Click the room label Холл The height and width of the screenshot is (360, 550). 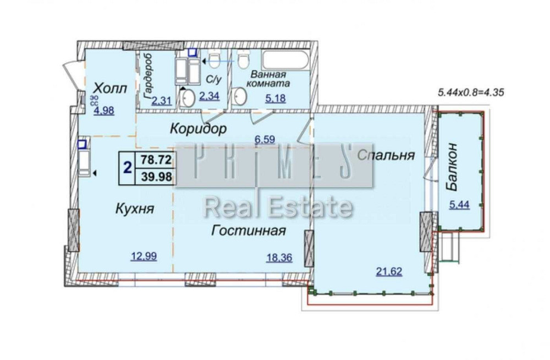click(110, 88)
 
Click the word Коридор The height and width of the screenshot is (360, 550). click(198, 129)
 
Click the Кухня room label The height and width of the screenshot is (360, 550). click(134, 209)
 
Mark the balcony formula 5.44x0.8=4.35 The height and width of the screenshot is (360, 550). click(471, 93)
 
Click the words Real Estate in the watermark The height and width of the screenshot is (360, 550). click(278, 208)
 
